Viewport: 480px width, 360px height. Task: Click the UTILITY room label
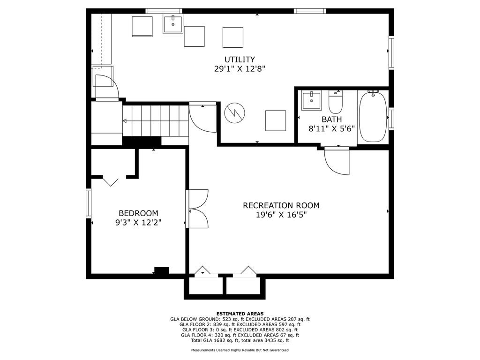[240, 60]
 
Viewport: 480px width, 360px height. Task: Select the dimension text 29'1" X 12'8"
[240, 68]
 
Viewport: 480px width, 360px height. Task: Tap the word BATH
[331, 120]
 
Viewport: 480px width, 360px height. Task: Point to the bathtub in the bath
[373, 117]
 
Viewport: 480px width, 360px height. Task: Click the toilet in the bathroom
[336, 102]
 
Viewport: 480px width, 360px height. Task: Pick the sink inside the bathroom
[312, 100]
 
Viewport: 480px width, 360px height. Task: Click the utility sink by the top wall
[173, 24]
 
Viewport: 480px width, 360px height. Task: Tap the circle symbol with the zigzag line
[235, 112]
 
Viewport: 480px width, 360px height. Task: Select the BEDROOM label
[138, 213]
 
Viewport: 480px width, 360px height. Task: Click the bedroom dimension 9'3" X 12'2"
[138, 222]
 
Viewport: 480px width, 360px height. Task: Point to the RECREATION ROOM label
[281, 205]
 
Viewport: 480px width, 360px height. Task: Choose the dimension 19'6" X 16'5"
[281, 215]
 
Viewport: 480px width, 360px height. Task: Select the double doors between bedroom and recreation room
[197, 209]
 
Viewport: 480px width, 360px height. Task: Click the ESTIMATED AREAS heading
[240, 314]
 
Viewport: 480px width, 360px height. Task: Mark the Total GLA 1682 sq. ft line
[240, 340]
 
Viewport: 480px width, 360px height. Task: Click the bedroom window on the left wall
[89, 203]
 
